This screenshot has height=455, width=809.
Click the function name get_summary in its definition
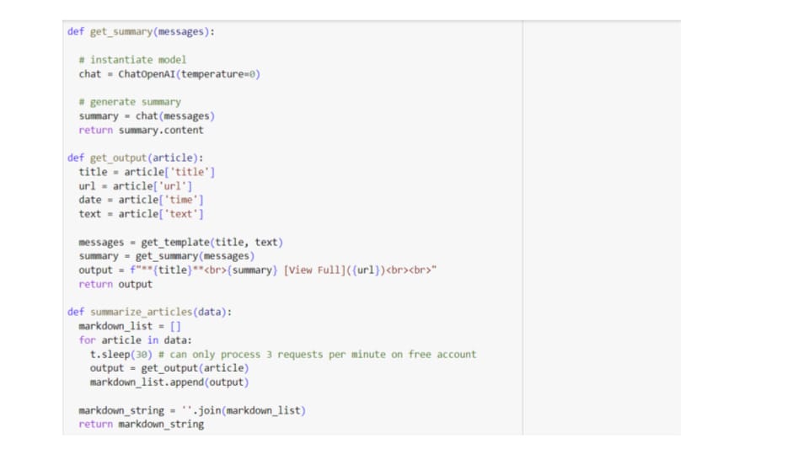[121, 32]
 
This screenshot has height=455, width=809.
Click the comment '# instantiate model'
[133, 60]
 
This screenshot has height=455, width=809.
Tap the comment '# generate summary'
[130, 102]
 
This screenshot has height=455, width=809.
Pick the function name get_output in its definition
[119, 158]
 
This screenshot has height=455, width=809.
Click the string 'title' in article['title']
[192, 172]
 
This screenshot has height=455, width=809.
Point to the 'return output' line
[115, 284]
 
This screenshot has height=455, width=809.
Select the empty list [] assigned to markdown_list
[175, 326]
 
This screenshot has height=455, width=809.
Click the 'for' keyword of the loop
[87, 340]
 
